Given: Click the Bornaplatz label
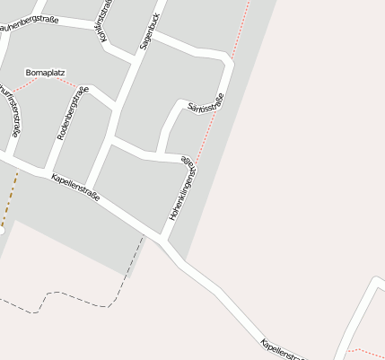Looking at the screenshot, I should [x=46, y=72].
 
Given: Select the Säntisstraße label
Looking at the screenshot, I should [x=206, y=107].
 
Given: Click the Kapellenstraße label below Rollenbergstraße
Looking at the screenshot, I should [x=75, y=186].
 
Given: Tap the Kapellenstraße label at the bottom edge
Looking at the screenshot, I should [x=284, y=349].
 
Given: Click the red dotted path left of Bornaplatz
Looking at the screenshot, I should [x=22, y=84].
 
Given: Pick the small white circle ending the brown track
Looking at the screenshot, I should [x=2, y=231].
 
